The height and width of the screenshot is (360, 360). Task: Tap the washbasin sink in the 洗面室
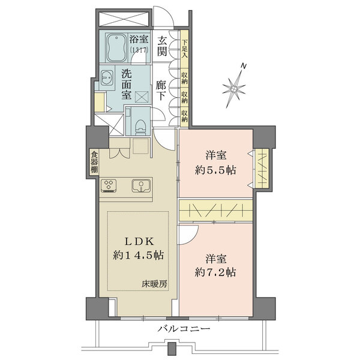pos(107,79)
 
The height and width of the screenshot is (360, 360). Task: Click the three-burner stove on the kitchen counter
pos(110,186)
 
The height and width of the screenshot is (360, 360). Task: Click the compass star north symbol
pos(235,88)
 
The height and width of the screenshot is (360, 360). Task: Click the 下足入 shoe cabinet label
pos(185,47)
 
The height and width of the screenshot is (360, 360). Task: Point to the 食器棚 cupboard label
pos(94,162)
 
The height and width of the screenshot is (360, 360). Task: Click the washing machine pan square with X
pos(142,97)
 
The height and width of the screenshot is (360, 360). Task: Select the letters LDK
pos(140,241)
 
